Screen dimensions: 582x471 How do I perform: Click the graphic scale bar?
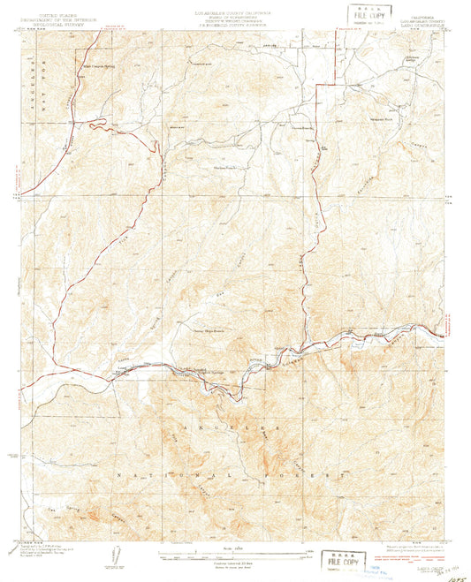pyautogui.click(x=235, y=556)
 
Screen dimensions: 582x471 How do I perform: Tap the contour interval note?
pyautogui.click(x=235, y=563)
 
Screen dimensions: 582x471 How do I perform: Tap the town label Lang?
pyautogui.click(x=122, y=365)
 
